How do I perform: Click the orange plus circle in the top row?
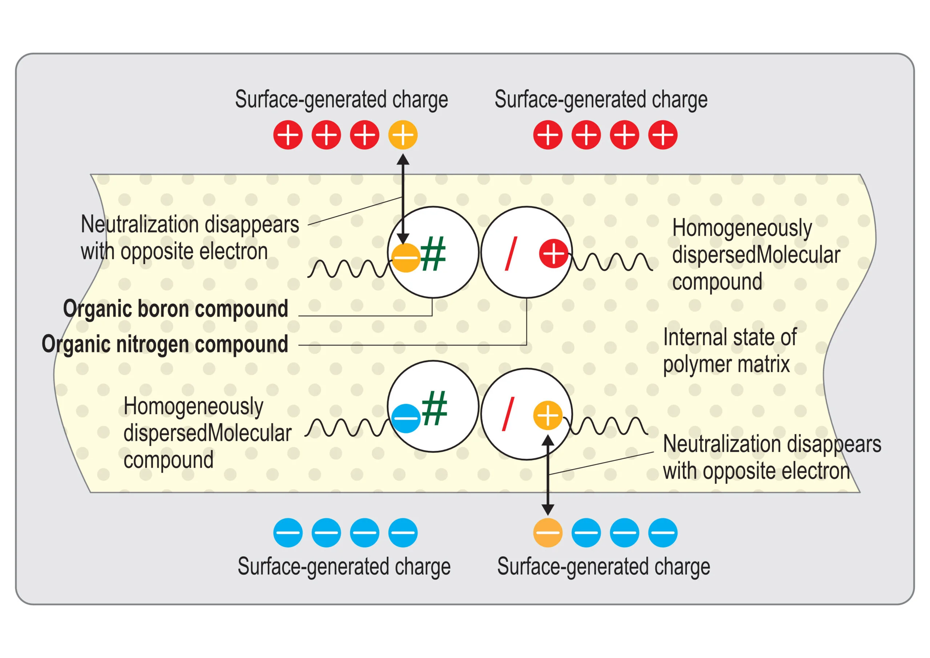403,135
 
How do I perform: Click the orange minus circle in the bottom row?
547,532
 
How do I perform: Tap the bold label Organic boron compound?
176,309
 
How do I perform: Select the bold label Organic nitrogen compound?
165,344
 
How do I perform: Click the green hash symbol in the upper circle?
433,254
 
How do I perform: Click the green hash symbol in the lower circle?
434,408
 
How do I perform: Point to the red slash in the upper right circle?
511,254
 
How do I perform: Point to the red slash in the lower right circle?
508,414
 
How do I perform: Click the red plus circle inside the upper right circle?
554,254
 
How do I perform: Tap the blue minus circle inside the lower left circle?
406,418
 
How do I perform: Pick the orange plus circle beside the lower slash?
547,415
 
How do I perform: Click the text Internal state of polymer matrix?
729,351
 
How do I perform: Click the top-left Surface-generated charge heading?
341,100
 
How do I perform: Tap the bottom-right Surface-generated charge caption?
603,566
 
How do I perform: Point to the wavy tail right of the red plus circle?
612,262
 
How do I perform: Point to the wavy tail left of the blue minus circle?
348,427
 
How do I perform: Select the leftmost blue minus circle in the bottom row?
288,532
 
